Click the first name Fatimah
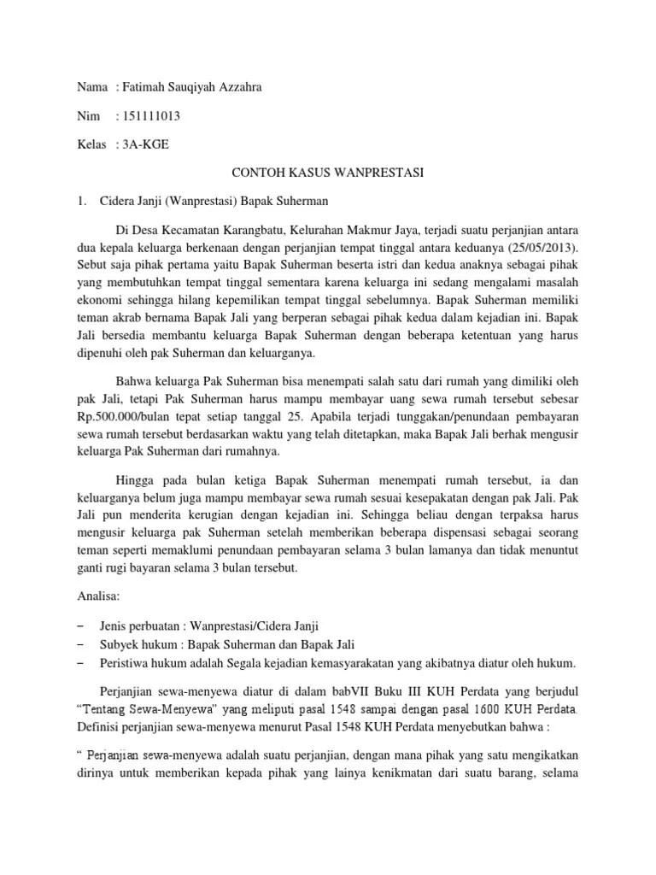point(147,87)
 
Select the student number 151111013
point(151,115)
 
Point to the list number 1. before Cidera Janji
point(82,202)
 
